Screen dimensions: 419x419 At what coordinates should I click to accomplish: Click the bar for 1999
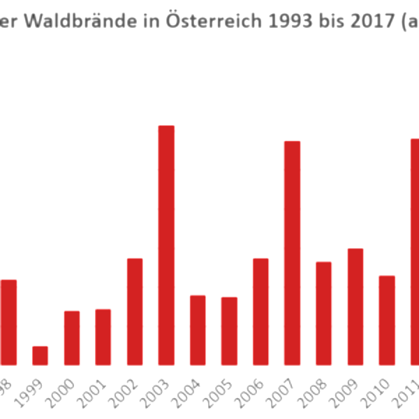click(x=41, y=355)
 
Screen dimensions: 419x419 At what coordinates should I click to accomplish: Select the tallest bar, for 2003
click(x=166, y=245)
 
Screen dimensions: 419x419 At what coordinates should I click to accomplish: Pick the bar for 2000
click(x=72, y=338)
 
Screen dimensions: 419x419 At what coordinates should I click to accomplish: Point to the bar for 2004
click(x=198, y=330)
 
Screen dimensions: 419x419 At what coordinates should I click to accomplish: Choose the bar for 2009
click(x=355, y=307)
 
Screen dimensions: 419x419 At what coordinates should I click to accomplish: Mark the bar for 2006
click(x=260, y=311)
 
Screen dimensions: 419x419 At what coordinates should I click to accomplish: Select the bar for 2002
click(x=135, y=311)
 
